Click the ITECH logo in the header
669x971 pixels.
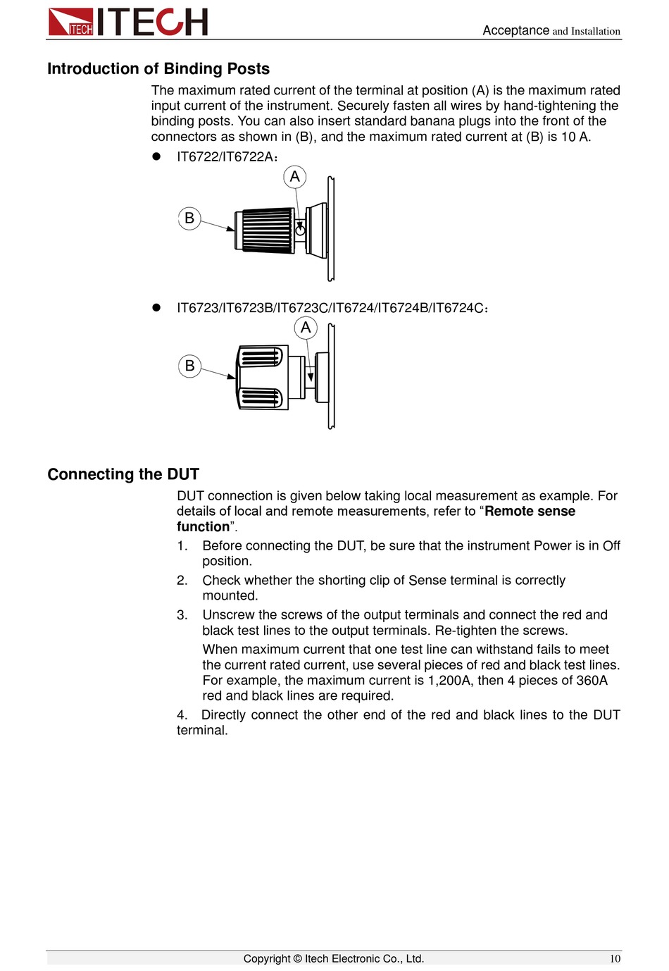128,22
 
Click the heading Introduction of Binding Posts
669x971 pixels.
158,69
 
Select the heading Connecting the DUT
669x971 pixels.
123,474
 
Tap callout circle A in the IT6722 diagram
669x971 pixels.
295,176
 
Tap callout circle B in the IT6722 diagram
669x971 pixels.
189,218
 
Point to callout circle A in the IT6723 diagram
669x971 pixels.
306,328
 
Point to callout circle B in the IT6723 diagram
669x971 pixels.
189,366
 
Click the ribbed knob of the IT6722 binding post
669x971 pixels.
268,230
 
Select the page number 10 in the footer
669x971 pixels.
615,959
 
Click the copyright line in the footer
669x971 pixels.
334,959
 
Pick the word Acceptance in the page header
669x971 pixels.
515,30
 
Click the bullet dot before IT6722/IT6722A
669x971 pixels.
157,156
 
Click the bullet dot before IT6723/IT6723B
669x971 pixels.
157,308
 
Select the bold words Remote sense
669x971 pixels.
530,512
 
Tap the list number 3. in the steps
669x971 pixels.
182,615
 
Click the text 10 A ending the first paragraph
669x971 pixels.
575,137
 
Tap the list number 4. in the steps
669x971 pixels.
182,715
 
